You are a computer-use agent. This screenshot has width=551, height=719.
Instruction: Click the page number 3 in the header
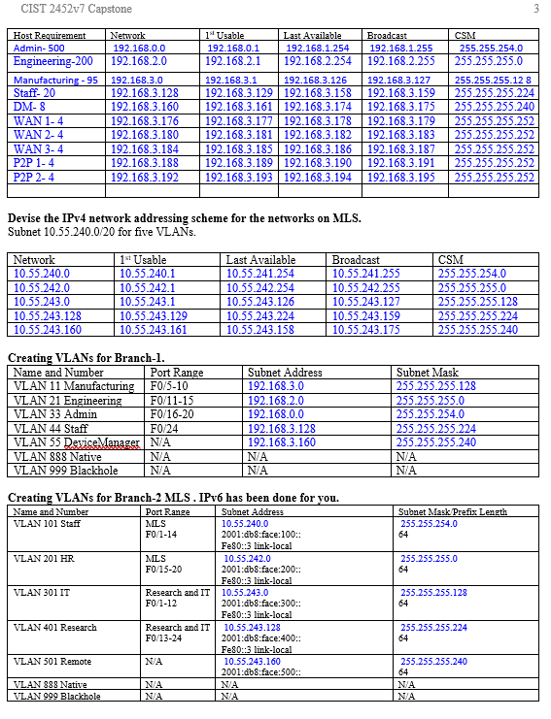535,9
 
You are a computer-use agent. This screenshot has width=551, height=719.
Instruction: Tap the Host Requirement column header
50,35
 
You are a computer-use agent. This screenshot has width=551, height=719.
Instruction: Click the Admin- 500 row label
40,48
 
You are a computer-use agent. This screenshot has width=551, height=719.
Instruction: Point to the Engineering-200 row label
53,61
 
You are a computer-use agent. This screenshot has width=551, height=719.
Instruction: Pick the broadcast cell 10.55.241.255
366,275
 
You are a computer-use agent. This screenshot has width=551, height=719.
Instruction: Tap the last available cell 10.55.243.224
260,315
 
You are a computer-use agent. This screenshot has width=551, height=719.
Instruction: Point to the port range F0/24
164,428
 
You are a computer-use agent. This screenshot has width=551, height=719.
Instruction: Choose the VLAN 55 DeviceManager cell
77,442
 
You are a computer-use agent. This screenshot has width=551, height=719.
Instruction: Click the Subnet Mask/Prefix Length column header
453,511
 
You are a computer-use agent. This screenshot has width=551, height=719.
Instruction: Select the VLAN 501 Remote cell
54,661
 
